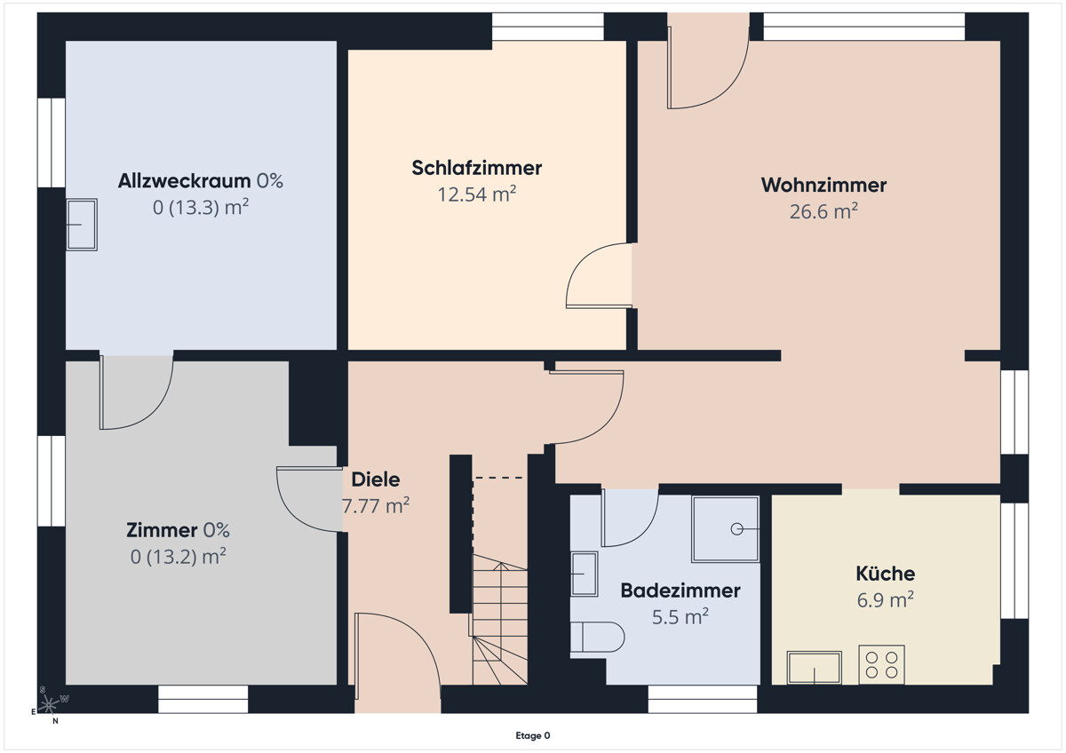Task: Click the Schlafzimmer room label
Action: pyautogui.click(x=476, y=168)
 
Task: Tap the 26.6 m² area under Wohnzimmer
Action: pyautogui.click(x=823, y=211)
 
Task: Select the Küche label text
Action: pyautogui.click(x=885, y=574)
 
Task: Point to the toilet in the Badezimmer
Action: pyautogui.click(x=597, y=637)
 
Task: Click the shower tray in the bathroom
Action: pyautogui.click(x=726, y=529)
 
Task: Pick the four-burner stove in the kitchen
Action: pyautogui.click(x=881, y=664)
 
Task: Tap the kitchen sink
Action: pyautogui.click(x=814, y=668)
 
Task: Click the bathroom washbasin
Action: pyautogui.click(x=584, y=574)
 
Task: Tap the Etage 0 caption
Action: pyautogui.click(x=533, y=735)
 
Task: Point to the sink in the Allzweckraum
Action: pyautogui.click(x=82, y=225)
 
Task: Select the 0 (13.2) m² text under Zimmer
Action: pyautogui.click(x=178, y=557)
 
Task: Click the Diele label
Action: pyautogui.click(x=375, y=480)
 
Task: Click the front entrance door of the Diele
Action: pyautogui.click(x=396, y=657)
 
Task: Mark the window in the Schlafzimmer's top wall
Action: pyautogui.click(x=547, y=27)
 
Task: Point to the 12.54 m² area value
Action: pyautogui.click(x=477, y=194)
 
